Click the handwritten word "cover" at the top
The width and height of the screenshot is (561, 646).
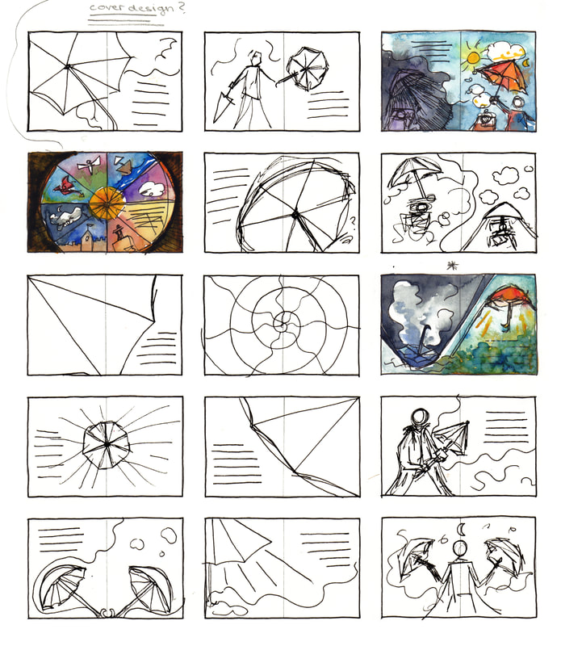[x=104, y=7]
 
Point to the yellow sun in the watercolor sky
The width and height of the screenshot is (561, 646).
[x=473, y=57]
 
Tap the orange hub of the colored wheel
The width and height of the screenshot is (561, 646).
[x=107, y=203]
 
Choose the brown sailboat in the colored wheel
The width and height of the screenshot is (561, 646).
[x=124, y=166]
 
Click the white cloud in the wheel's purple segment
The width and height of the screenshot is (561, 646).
[x=151, y=189]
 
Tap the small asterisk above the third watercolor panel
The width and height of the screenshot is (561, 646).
[x=452, y=266]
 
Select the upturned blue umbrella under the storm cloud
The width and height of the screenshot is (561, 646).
[x=417, y=354]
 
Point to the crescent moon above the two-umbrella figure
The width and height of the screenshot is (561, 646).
[x=463, y=530]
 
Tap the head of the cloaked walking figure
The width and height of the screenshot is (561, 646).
[x=420, y=417]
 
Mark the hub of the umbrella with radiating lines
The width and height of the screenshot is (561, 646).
[x=107, y=444]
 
